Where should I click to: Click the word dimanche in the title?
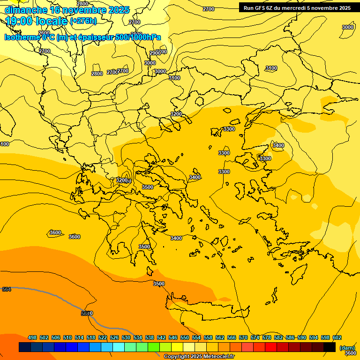point(26,10)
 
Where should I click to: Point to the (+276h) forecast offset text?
point(83,21)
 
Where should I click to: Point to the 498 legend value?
point(32,337)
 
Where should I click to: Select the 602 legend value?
point(337,337)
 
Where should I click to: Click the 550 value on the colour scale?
point(185,337)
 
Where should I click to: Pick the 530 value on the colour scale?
point(126,337)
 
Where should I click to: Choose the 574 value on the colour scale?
point(255,337)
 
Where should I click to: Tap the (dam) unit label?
point(347,347)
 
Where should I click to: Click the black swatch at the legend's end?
point(330,347)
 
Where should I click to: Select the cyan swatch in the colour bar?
point(119,347)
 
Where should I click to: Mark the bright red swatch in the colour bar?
point(271,347)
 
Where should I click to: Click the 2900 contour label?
point(156,53)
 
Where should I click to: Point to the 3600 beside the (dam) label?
point(350,353)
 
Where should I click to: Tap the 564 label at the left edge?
point(7,290)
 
